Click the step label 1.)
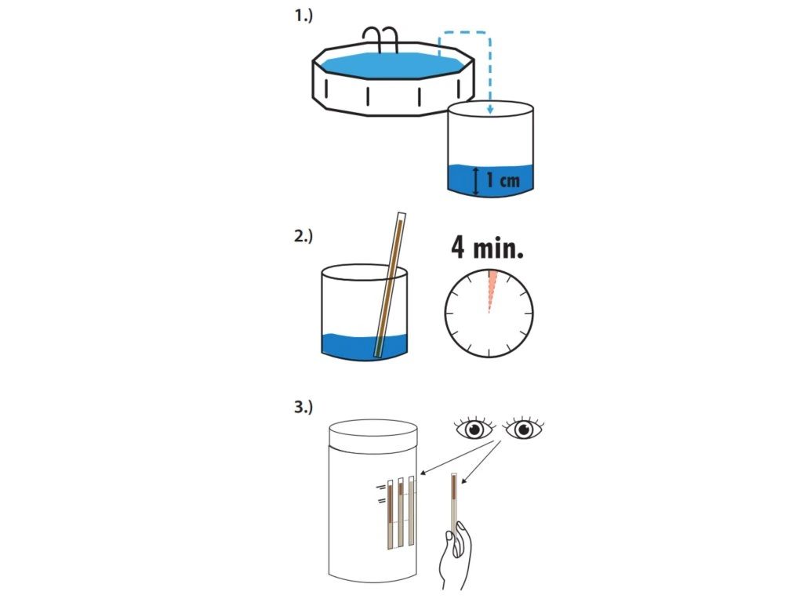click(303, 16)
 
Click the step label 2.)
click(303, 236)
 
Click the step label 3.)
click(303, 408)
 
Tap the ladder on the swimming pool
click(380, 39)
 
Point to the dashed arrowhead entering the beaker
click(490, 109)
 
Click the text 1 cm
click(503, 180)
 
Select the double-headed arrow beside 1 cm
click(476, 181)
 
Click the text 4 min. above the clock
click(487, 247)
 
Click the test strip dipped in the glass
click(391, 285)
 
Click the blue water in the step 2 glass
click(364, 347)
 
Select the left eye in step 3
click(474, 428)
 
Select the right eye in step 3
click(523, 428)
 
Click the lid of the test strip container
click(372, 435)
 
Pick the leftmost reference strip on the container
click(391, 514)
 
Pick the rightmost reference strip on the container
click(411, 511)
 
